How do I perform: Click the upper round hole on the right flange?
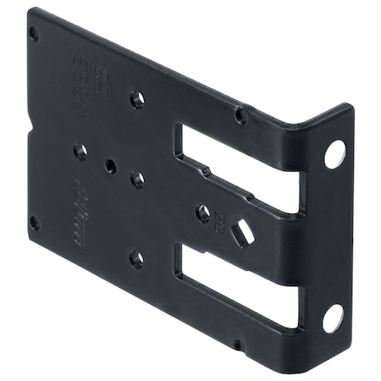334,153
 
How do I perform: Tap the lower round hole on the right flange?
333,317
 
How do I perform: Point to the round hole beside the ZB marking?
203,213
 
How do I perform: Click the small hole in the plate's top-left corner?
34,33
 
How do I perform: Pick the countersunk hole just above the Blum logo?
80,152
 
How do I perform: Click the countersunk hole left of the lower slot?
136,259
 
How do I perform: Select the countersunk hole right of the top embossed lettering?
136,99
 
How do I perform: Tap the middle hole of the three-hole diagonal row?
111,166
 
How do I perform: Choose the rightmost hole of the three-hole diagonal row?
137,179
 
